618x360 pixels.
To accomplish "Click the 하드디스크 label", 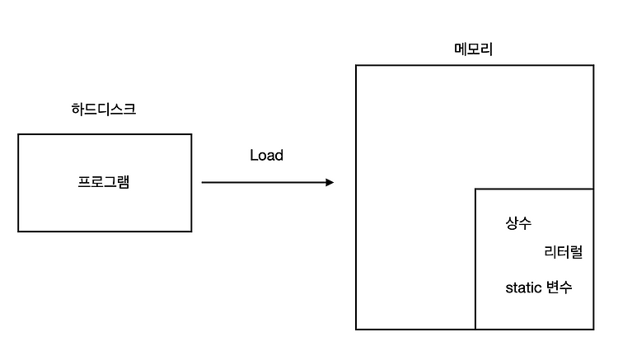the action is click(104, 109).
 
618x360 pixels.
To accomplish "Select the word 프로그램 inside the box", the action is click(104, 181).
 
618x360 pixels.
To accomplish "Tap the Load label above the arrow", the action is click(266, 155).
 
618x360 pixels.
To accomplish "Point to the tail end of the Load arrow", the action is click(202, 182).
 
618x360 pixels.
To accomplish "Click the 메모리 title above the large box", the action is click(473, 49).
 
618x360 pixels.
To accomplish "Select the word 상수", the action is click(518, 223).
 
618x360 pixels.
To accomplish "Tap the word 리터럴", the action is click(564, 252).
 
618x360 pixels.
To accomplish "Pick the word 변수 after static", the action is click(559, 288).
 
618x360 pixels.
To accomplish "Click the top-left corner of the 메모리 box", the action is click(356, 65).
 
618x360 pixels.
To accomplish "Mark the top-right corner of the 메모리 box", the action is click(593, 65).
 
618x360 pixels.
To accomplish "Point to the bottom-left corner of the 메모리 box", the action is click(356, 330).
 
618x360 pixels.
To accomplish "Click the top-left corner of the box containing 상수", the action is click(475, 189).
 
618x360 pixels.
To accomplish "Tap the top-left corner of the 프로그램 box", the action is click(18, 134).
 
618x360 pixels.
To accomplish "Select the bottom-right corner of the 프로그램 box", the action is click(191, 231).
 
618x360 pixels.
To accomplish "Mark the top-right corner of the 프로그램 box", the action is click(191, 134).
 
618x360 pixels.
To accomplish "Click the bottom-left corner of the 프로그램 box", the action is click(18, 231).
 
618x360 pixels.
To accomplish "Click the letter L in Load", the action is click(253, 155).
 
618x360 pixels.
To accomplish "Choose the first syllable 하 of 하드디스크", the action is click(77, 109).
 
